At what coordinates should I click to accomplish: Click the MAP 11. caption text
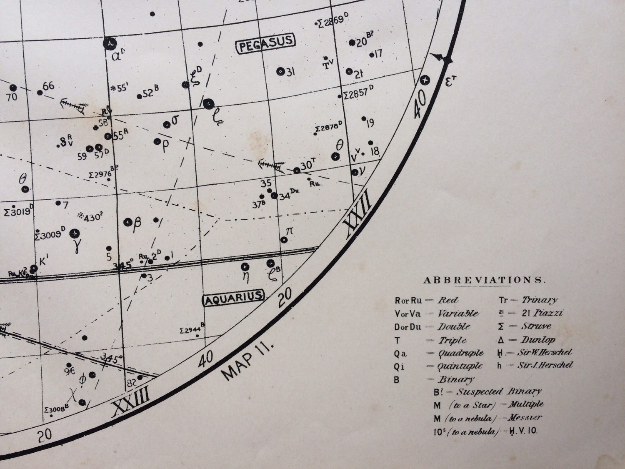(x=247, y=361)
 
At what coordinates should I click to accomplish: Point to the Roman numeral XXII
(x=357, y=218)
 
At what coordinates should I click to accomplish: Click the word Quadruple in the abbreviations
(x=460, y=354)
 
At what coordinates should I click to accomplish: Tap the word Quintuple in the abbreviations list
(x=460, y=366)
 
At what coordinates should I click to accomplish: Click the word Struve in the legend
(x=536, y=326)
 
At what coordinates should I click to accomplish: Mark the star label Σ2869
(x=332, y=22)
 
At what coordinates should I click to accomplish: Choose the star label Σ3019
(x=17, y=212)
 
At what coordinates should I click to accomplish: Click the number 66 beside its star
(x=48, y=86)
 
